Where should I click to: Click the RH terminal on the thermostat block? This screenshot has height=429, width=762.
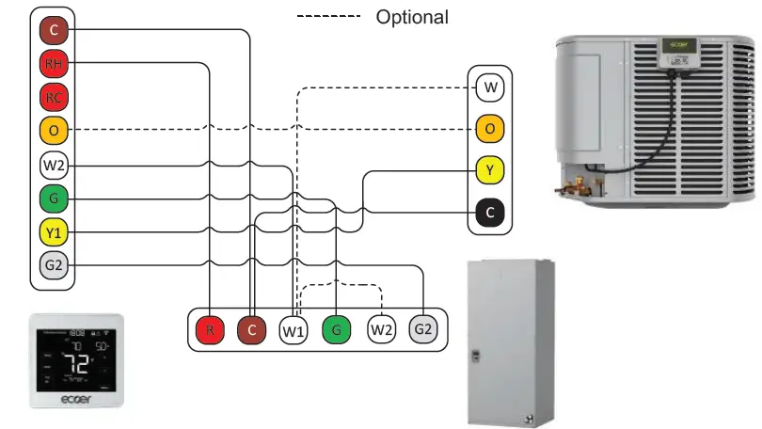54,64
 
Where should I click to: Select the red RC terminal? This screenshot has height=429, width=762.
54,97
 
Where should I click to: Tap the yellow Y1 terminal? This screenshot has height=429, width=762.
54,231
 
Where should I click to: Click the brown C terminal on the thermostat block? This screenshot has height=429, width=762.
54,31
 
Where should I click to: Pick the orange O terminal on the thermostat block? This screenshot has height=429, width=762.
54,130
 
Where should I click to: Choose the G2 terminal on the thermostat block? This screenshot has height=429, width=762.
54,265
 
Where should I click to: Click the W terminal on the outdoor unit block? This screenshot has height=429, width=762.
490,89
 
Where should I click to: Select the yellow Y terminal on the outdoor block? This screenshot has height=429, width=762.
490,171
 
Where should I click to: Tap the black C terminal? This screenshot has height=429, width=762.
490,213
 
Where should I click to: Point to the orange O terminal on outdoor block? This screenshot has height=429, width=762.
490,129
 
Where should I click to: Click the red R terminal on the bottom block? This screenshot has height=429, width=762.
210,330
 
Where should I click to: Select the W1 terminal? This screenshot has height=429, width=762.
294,330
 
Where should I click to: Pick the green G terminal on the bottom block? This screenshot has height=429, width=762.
336,330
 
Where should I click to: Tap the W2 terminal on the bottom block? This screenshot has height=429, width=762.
381,330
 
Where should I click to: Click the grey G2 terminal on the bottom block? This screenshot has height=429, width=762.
423,330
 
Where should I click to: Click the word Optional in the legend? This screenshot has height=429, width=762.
412,17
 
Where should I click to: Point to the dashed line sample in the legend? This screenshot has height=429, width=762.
328,17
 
